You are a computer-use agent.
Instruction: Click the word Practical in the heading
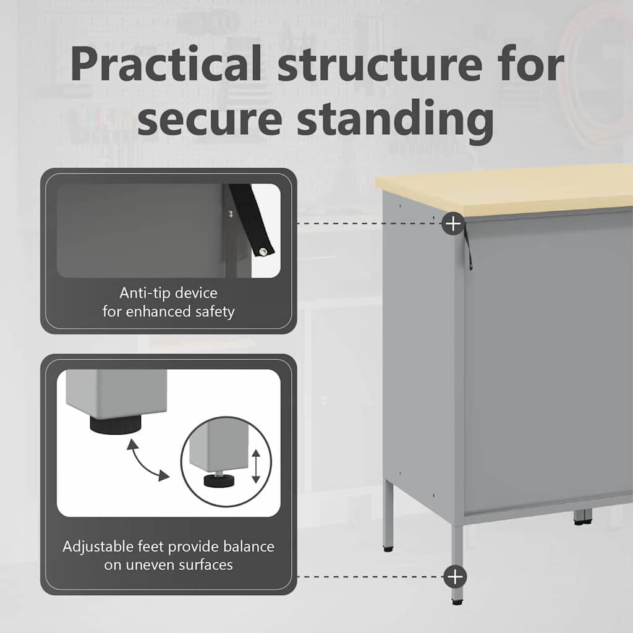(166, 65)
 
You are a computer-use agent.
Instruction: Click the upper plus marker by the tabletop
(453, 223)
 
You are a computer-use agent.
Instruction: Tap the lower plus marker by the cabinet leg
(455, 577)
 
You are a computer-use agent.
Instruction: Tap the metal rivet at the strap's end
(263, 252)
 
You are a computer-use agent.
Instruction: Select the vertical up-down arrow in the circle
(256, 466)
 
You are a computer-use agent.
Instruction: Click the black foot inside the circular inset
(219, 481)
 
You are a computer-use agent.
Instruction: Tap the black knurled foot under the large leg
(116, 425)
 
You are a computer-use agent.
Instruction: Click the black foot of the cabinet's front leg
(457, 602)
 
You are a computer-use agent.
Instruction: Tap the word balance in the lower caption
(249, 546)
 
